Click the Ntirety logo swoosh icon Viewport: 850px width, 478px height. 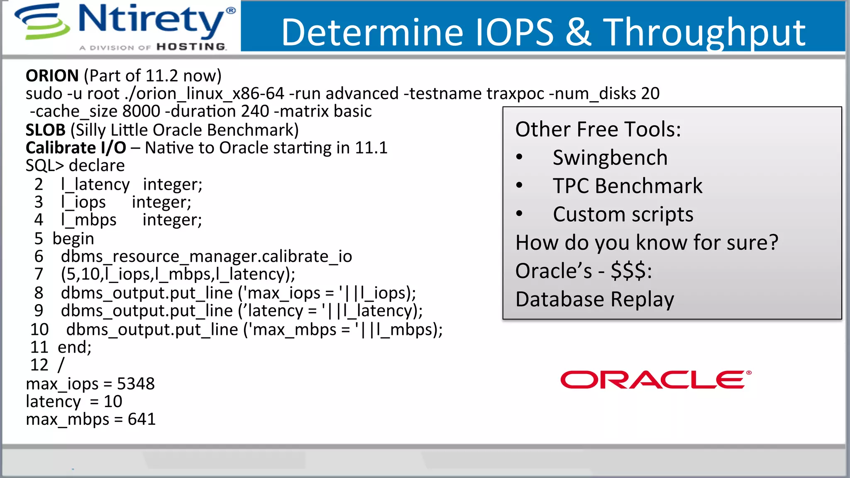pos(42,22)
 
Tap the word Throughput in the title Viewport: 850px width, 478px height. pos(704,33)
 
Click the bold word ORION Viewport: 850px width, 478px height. pos(52,76)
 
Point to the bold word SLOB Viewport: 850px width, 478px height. pos(45,130)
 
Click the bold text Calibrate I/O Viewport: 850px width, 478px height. pos(76,148)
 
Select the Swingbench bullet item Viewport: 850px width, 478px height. pos(610,158)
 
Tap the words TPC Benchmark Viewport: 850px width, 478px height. pos(627,186)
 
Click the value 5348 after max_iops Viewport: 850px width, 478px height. pos(136,384)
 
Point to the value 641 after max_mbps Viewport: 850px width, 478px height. pos(142,419)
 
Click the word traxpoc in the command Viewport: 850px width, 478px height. pos(515,94)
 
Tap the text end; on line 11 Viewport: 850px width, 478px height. pos(74,347)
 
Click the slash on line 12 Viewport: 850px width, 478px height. pos(61,365)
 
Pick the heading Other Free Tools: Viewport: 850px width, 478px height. pos(598,129)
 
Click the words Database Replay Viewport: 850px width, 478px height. pos(594,300)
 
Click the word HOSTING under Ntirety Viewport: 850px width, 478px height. pos(191,47)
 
